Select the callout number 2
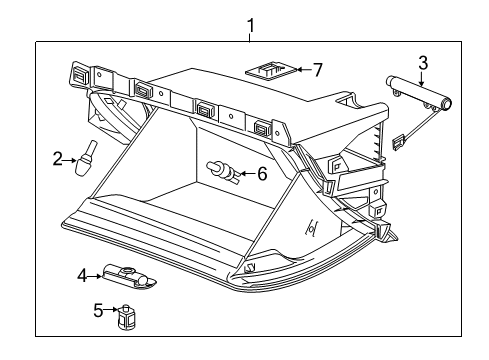[x=58, y=156]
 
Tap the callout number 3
[x=422, y=63]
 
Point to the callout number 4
[x=83, y=273]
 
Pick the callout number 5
[x=97, y=311]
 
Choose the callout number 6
[x=262, y=173]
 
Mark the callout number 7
[x=318, y=70]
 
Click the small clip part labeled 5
[x=127, y=318]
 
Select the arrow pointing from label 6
[x=244, y=173]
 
